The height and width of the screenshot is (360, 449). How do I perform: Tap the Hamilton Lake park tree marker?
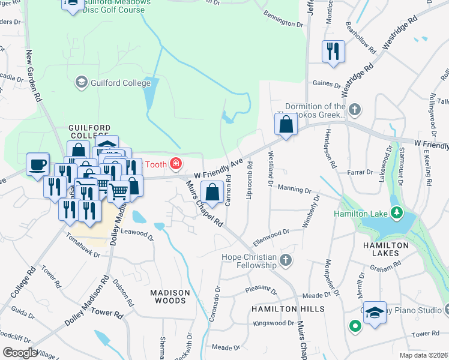(x=396, y=212)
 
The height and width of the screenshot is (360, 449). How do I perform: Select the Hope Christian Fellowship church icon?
(x=286, y=260)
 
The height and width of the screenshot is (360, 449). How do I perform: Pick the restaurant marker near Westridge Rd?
(x=333, y=52)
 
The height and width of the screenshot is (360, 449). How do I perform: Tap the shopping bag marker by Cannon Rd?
(x=213, y=193)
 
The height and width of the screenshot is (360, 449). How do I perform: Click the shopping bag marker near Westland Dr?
(x=286, y=125)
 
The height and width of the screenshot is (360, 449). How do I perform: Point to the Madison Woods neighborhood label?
(x=170, y=297)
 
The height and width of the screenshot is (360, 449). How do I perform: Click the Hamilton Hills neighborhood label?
(x=288, y=308)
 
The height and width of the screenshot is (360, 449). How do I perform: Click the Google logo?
(x=20, y=353)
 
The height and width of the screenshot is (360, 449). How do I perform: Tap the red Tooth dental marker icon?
(x=176, y=163)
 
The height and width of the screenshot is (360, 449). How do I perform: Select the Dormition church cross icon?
(x=355, y=109)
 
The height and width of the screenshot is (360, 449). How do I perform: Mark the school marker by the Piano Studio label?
(x=375, y=313)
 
